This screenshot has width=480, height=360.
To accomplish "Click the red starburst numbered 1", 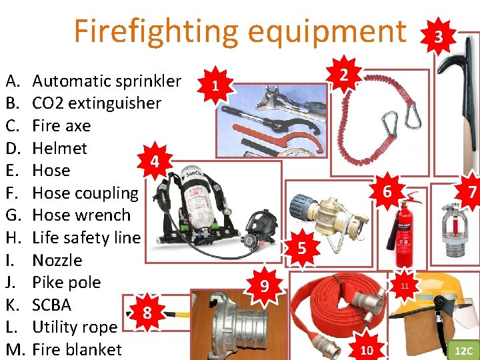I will (x=214, y=85).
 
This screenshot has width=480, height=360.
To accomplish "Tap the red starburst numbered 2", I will (x=342, y=74).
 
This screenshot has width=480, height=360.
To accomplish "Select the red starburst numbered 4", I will (x=154, y=162).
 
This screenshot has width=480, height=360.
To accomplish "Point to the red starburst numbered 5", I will (x=302, y=249).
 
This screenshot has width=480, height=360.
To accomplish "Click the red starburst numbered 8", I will (x=147, y=313).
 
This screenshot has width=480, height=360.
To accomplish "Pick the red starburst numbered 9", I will (x=265, y=287).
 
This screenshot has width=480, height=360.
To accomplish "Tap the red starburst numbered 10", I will (x=367, y=349).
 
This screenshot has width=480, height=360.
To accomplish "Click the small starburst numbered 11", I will (x=405, y=286).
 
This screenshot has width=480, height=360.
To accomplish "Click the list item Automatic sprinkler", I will (x=107, y=81).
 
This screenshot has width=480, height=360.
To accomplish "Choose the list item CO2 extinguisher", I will (x=97, y=103).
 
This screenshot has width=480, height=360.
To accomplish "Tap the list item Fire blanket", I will (x=77, y=349).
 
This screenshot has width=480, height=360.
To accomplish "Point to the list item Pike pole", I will (x=66, y=282).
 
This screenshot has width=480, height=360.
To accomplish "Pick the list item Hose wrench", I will (x=81, y=215).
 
